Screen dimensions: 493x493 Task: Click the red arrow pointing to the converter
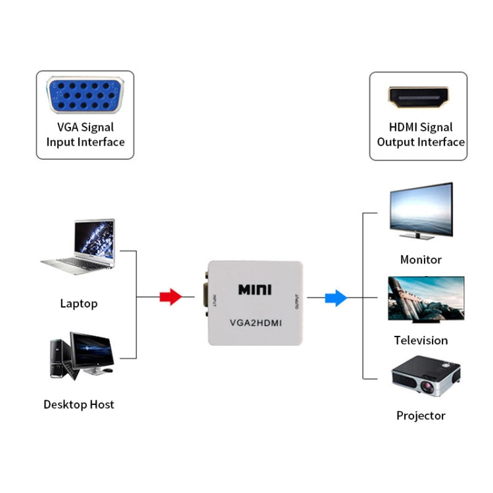[170, 297]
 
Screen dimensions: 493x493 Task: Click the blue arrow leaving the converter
[336, 298]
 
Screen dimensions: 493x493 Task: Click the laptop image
[80, 248]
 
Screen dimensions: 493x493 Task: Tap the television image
[425, 298]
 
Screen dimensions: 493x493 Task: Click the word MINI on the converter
[254, 290]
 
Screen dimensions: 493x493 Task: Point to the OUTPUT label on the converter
[297, 302]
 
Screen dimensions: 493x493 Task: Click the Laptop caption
[79, 304]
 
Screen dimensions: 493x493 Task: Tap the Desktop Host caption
[79, 404]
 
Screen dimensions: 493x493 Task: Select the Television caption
[421, 340]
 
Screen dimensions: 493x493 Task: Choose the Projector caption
[421, 415]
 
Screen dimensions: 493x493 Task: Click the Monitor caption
[421, 260]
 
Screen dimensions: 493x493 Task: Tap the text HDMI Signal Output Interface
[421, 135]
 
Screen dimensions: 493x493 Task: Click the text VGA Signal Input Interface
[85, 135]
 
